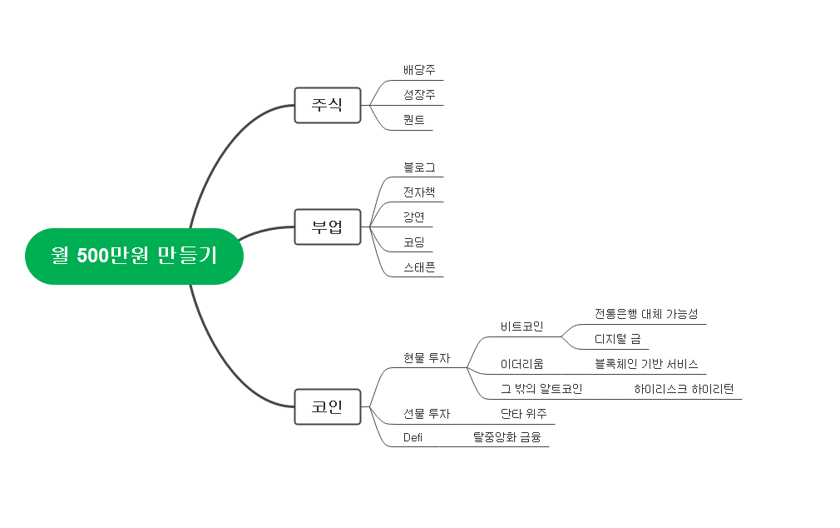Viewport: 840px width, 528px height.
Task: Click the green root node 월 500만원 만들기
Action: click(134, 256)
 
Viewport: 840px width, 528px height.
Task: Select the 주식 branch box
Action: click(327, 105)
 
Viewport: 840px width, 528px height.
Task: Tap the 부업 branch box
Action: click(327, 227)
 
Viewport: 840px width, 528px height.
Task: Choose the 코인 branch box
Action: click(327, 406)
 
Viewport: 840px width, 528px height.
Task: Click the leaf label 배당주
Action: click(419, 70)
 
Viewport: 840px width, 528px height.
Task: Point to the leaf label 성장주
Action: click(419, 95)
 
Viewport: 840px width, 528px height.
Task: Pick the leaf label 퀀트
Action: click(413, 120)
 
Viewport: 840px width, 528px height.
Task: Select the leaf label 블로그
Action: click(419, 167)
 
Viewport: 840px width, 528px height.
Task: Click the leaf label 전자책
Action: click(419, 192)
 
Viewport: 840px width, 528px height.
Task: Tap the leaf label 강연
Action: click(413, 217)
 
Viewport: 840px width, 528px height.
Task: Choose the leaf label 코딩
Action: click(413, 242)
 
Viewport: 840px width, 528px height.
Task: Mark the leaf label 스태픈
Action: click(419, 267)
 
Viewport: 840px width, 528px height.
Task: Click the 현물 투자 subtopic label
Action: click(427, 358)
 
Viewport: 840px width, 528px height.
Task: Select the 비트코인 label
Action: click(521, 326)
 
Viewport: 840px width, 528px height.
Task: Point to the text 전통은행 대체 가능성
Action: click(646, 314)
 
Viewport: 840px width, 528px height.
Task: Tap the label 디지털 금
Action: click(617, 339)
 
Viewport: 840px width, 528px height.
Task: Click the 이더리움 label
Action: click(521, 364)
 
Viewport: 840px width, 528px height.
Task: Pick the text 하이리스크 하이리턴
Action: click(684, 389)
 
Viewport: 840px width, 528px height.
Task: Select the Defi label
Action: click(413, 437)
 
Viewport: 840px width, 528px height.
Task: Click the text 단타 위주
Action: click(523, 413)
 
